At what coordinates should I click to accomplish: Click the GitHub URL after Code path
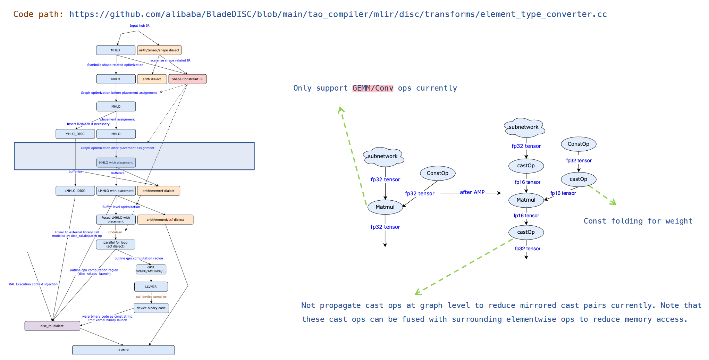coord(338,14)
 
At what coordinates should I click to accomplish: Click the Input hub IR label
coord(140,26)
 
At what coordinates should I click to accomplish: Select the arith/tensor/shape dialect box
coord(159,50)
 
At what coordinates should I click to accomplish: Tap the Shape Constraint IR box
coord(187,79)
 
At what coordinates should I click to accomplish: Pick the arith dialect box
coord(152,79)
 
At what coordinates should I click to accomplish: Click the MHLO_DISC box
coord(75,134)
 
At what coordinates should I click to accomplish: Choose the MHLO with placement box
coord(116,162)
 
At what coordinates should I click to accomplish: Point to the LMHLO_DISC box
coord(75,191)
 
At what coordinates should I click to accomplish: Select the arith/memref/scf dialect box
coord(165,220)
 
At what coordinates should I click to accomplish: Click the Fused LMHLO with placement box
coord(116,220)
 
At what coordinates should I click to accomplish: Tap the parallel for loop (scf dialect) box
coord(116,244)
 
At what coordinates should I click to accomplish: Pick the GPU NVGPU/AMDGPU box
coord(151,269)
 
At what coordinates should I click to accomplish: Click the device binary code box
coord(151,308)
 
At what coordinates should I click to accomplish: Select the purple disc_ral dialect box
coord(52,326)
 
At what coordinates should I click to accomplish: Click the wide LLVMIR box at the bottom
coord(123,350)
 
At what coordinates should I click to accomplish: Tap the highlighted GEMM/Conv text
coord(373,88)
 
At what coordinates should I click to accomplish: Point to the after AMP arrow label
coord(472,192)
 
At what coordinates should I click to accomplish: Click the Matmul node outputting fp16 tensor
coord(526,200)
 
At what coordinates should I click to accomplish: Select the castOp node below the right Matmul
coord(526,232)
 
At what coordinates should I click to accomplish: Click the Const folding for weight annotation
coord(638,221)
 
